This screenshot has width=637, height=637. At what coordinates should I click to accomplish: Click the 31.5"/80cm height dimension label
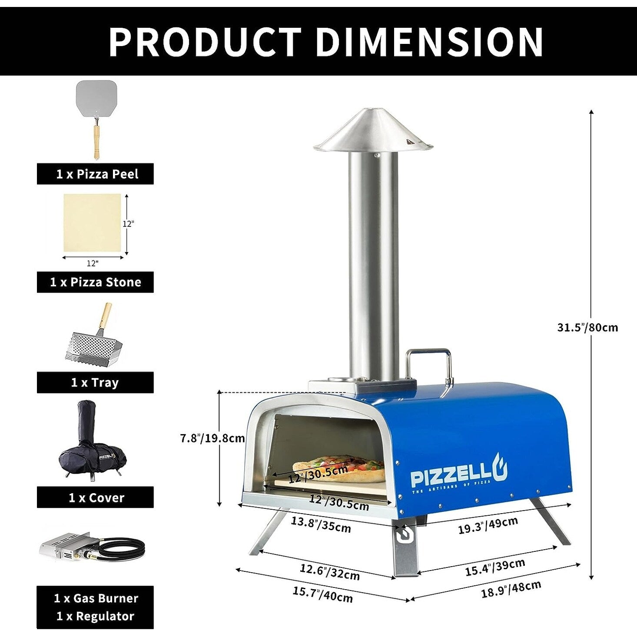(587, 327)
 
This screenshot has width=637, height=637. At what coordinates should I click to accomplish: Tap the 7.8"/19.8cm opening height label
(212, 438)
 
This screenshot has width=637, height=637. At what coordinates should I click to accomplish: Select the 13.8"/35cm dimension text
(321, 524)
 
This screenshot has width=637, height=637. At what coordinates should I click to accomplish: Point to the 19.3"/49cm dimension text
(488, 525)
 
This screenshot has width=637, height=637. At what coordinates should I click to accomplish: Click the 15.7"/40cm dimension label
(322, 594)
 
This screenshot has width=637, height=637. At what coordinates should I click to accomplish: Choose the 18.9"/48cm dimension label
(511, 589)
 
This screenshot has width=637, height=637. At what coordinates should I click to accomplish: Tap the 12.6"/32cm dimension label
(329, 572)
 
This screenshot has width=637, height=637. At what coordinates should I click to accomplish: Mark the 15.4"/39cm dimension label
(495, 567)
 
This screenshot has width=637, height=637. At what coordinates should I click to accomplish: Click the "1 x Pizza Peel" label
(95, 174)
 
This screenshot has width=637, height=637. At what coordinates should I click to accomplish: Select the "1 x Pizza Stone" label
(95, 282)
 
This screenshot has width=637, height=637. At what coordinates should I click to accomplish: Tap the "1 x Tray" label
(95, 383)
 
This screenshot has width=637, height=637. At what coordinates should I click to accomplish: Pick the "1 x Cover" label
(95, 498)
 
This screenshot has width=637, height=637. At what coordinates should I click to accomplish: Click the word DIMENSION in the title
(429, 42)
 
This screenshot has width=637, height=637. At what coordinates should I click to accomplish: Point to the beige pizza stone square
(92, 222)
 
